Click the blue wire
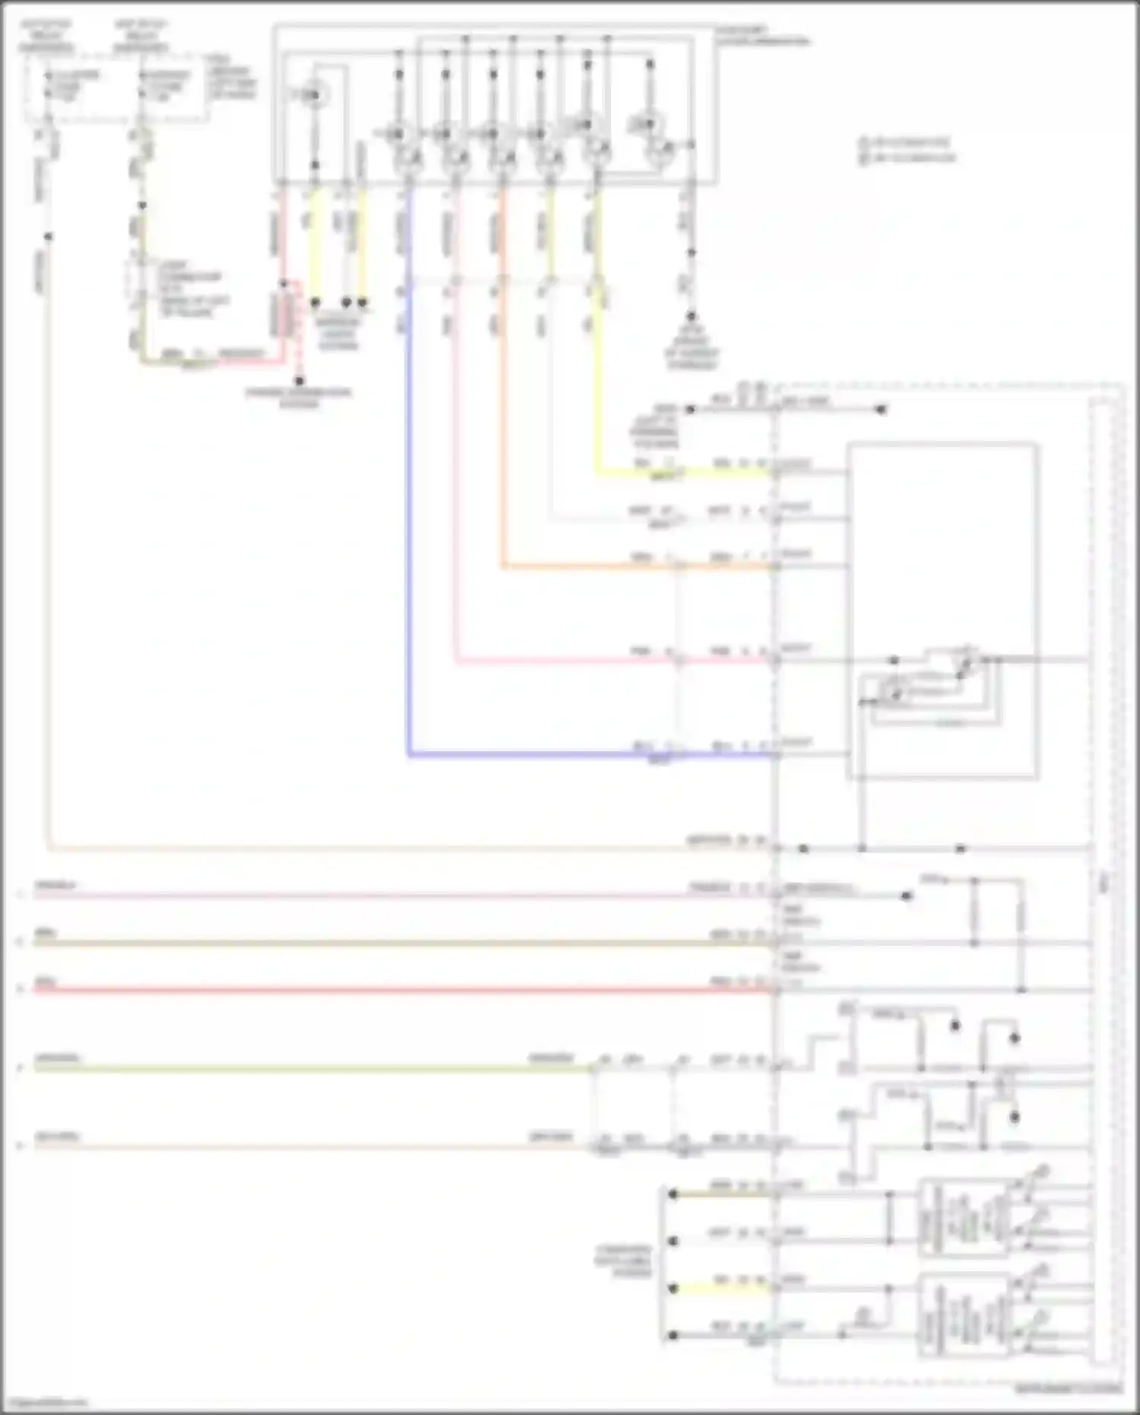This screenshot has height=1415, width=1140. coord(409,532)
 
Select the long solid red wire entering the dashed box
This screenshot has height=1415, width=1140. coord(380,990)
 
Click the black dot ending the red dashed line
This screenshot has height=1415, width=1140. coord(299,381)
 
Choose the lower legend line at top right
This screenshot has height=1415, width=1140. coord(907,158)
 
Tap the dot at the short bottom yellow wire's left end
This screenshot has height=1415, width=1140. coord(673,1288)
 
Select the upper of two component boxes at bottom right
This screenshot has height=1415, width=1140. coord(965,1217)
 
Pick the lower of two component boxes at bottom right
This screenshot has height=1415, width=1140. coord(965,1315)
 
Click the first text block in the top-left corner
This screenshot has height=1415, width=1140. coord(46,36)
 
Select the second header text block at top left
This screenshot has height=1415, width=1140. coord(141,36)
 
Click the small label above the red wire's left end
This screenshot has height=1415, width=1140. coord(46,980)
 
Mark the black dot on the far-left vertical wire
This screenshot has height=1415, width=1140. coord(48,236)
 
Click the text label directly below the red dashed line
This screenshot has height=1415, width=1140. coord(299,398)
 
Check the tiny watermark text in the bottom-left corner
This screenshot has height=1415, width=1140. coord(44,1404)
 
